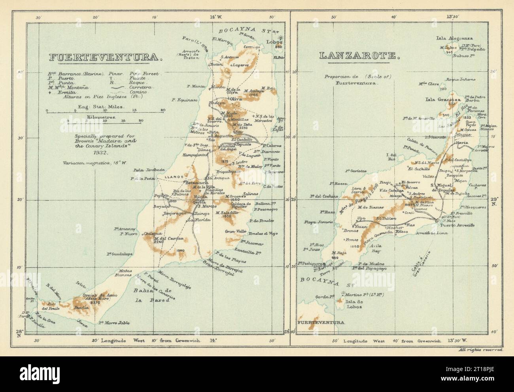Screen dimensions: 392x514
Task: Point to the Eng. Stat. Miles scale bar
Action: (105, 112)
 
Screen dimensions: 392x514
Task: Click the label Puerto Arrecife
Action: (456, 225)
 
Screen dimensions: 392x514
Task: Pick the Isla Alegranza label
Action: (454, 38)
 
